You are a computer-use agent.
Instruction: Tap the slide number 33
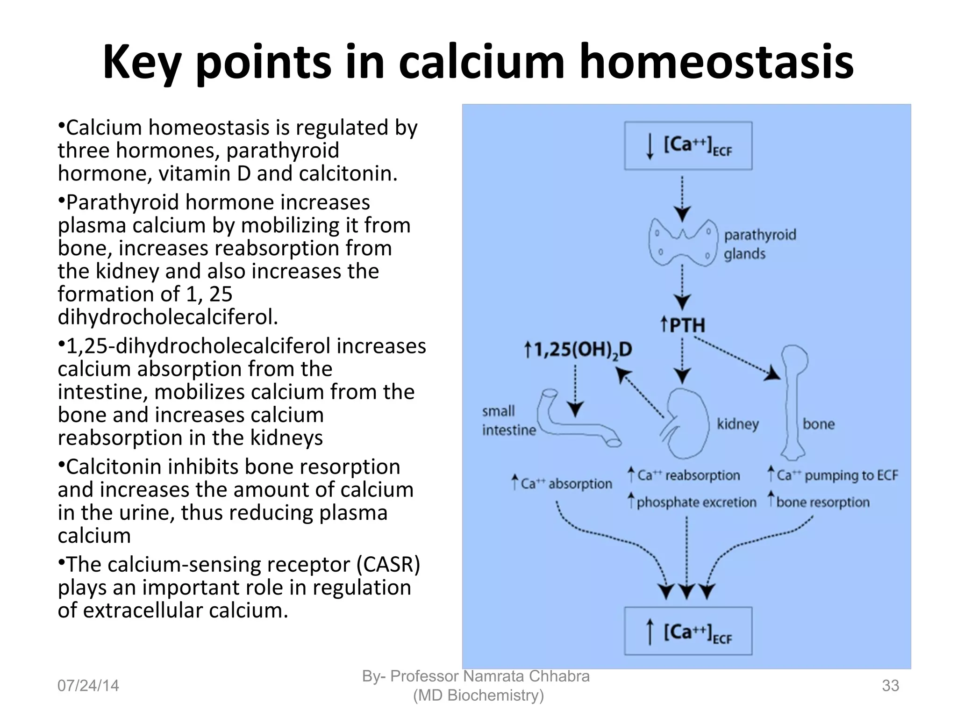(890, 685)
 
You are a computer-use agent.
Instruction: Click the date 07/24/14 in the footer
(88, 685)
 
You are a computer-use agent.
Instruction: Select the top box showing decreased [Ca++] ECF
(688, 145)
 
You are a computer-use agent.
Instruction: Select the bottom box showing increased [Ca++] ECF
(688, 631)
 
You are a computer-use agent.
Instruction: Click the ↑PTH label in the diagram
(683, 325)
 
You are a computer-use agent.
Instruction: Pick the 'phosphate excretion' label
(696, 502)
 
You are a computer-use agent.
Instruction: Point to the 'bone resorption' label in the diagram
(822, 502)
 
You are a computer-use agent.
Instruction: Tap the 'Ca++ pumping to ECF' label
(837, 475)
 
